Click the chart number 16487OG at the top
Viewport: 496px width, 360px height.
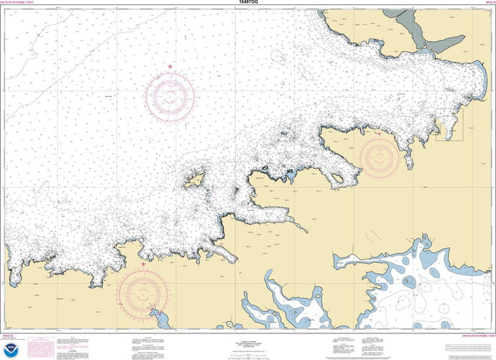click(247, 3)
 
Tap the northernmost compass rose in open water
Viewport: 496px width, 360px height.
click(170, 96)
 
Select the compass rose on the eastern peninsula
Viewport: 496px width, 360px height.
click(379, 156)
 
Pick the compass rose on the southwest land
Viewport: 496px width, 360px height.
click(143, 292)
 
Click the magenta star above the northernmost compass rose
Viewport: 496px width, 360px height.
click(170, 67)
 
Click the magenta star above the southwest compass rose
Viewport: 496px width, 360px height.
click(143, 264)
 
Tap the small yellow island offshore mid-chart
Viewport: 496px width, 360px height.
click(193, 180)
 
